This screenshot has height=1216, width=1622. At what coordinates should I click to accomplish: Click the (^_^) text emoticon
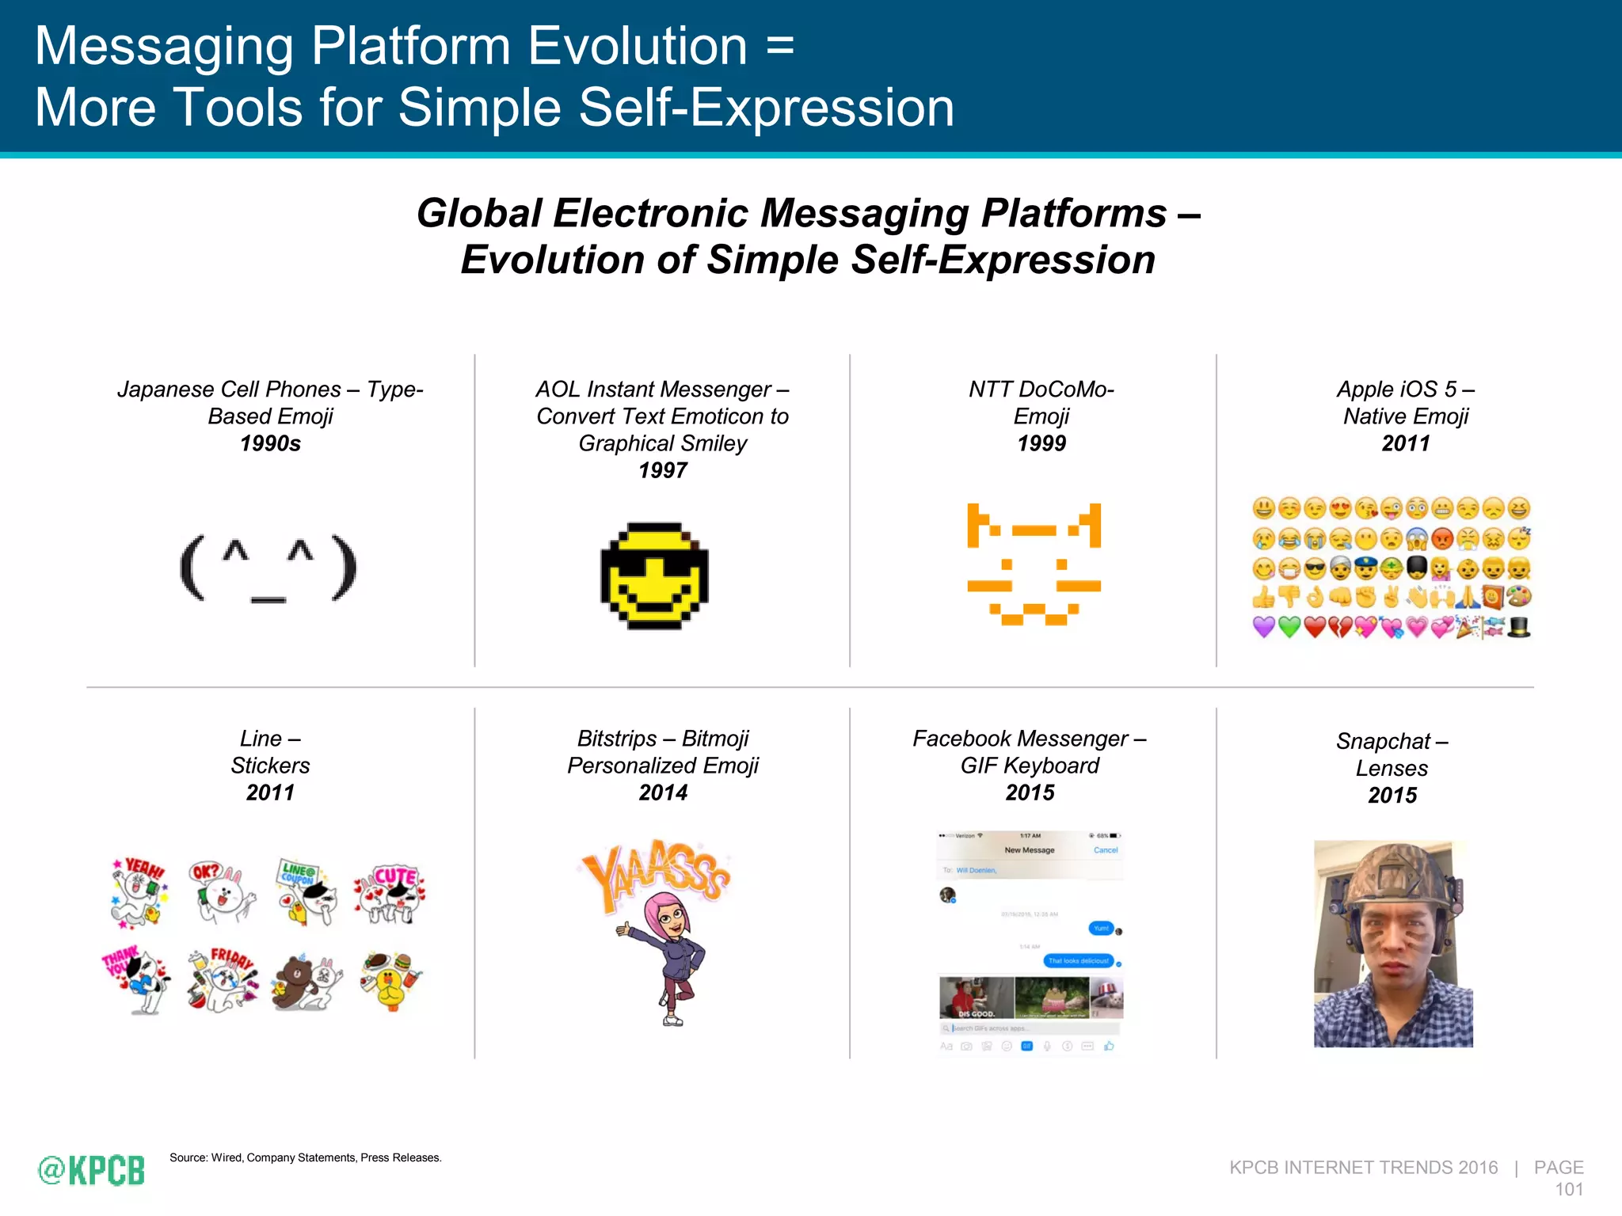(268, 568)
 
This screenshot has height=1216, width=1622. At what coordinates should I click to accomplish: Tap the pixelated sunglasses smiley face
(654, 576)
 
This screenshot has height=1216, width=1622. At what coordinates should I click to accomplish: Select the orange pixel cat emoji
(1034, 564)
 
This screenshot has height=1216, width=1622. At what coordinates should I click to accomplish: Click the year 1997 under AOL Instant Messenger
(662, 470)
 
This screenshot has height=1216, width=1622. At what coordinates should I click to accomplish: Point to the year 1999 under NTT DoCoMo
(1041, 443)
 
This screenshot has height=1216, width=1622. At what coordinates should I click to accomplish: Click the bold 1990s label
(270, 443)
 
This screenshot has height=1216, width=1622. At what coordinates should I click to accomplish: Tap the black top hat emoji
(1519, 627)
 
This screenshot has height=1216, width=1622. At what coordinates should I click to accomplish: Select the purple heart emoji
(1264, 627)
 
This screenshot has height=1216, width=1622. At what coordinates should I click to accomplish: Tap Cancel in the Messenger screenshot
(1105, 850)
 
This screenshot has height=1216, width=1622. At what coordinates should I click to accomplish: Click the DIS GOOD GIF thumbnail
(976, 997)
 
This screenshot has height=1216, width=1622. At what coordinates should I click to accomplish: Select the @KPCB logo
(92, 1170)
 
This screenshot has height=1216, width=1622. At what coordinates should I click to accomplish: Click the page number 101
(1568, 1189)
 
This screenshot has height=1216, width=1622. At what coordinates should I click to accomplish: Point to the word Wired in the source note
(226, 1157)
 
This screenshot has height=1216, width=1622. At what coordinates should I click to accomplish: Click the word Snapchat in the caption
(1382, 741)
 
